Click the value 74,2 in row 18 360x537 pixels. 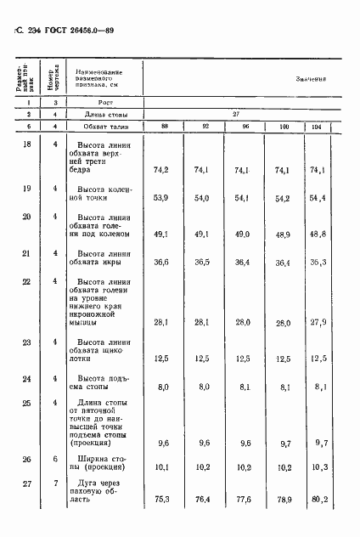[x=161, y=170]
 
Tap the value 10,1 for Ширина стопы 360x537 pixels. [x=161, y=466]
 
